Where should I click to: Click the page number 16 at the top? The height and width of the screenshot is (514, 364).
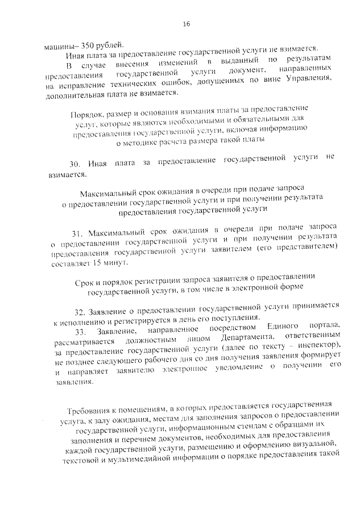187,23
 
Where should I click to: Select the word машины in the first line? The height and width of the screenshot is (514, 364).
59,45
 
